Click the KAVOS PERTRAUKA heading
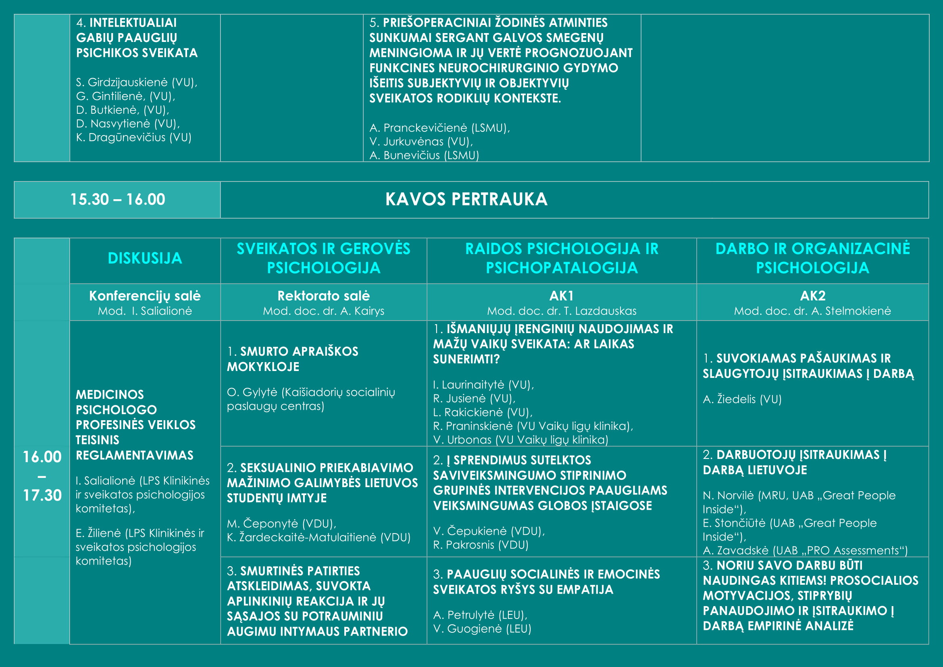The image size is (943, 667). (466, 199)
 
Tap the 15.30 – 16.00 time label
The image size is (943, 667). (117, 200)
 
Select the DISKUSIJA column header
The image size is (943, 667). (145, 258)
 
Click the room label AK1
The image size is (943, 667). (561, 296)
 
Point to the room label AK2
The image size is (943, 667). (812, 296)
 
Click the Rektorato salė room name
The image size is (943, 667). (323, 296)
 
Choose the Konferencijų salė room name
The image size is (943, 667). (145, 296)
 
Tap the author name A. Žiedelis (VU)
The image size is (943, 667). (742, 399)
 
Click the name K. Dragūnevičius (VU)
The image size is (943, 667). (133, 138)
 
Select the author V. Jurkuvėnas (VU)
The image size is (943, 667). (421, 142)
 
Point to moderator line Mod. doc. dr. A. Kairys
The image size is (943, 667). (323, 311)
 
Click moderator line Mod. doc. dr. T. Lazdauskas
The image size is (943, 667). (561, 311)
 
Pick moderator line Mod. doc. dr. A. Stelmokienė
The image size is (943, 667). (812, 311)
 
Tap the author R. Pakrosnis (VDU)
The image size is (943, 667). (481, 545)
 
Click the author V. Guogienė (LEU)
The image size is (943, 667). (482, 629)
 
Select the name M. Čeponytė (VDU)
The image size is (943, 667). (281, 524)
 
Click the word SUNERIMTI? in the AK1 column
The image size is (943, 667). (466, 359)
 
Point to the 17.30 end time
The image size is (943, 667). (42, 495)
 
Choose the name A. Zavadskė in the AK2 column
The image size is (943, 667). (735, 550)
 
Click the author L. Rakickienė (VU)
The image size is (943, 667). (483, 413)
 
